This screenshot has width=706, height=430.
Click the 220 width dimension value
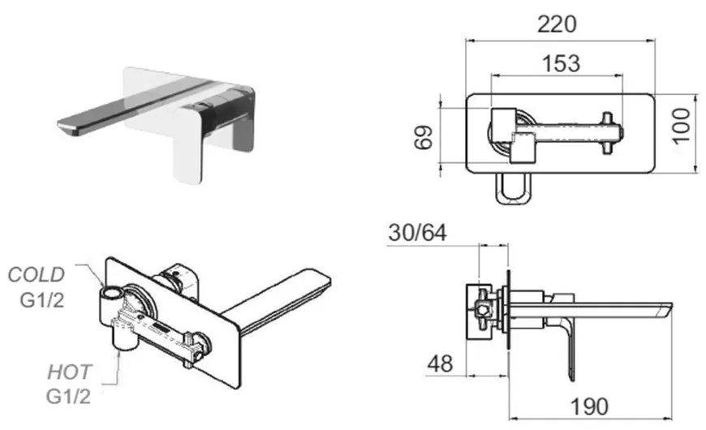557,24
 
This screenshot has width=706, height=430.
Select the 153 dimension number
561,63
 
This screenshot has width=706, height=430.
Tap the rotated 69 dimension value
424,137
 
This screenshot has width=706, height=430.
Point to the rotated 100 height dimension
682,126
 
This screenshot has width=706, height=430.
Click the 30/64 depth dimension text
418,233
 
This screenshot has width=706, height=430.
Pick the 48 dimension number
440,363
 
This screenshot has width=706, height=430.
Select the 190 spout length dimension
589,406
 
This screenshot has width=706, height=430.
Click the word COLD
37,275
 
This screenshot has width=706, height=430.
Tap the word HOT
69,372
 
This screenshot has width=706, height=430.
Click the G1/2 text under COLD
42,299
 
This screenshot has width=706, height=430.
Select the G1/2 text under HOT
68,396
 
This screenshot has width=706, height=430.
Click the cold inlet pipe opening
110,294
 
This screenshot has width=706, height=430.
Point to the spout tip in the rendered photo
68,128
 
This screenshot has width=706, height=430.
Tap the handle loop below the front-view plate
514,189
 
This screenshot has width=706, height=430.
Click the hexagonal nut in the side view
483,310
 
